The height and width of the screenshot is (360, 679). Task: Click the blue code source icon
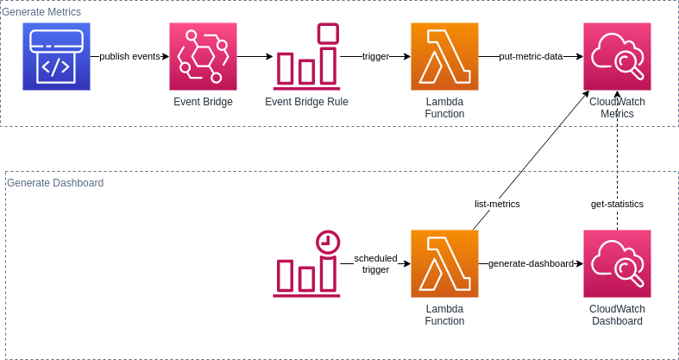point(56,57)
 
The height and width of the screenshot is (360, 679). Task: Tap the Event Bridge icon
point(203,57)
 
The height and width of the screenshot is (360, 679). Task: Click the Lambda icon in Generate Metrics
point(444,57)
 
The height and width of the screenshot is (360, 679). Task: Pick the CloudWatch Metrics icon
point(617,57)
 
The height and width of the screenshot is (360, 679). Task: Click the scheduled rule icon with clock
point(307,262)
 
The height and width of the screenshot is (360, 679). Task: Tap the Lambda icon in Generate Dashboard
point(444,263)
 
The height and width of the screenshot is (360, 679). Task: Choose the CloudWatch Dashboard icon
point(617,263)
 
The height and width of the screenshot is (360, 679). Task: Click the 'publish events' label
point(129,57)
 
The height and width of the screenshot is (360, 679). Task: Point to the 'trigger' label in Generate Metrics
point(375,57)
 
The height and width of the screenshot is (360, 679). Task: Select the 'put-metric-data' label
point(531,57)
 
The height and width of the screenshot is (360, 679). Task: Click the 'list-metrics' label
point(498,204)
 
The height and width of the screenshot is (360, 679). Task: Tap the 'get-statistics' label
point(617,204)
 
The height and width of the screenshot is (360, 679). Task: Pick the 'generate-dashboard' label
point(531,263)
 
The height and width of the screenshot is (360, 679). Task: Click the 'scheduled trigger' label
point(375,263)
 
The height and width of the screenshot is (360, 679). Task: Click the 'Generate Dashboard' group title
point(55,183)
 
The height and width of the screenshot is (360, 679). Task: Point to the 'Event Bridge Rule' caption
point(307,102)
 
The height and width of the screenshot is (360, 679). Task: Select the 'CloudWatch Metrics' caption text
point(617,107)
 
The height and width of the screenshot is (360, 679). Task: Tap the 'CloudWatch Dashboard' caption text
point(617,314)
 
